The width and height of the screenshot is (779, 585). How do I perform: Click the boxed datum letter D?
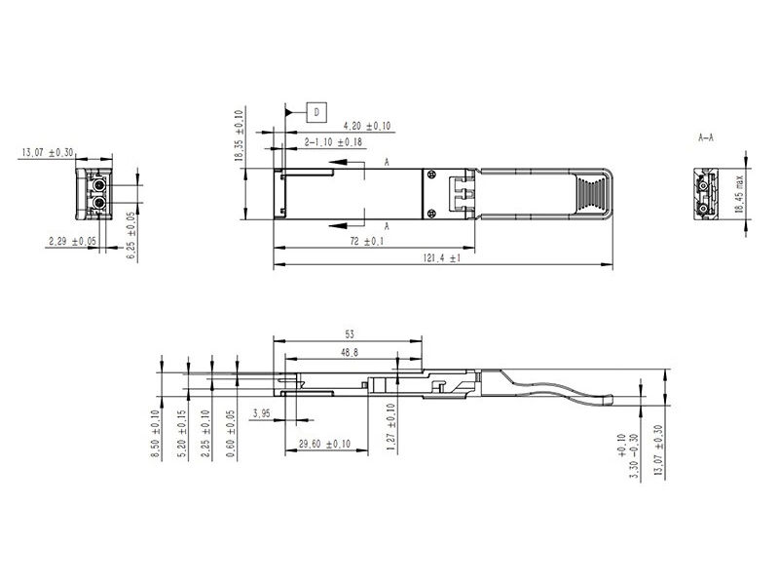coord(317,113)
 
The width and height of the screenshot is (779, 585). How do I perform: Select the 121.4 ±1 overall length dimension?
coord(441,258)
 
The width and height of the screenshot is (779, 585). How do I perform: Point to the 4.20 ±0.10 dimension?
coord(366,126)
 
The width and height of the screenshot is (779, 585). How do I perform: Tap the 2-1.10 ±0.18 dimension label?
coord(335,142)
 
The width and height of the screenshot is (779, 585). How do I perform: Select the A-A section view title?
coord(706,138)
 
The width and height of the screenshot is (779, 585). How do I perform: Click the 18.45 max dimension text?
coord(741,197)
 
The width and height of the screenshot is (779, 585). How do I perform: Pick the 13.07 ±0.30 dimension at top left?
coord(48,152)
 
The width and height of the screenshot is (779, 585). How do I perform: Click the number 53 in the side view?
coord(349,333)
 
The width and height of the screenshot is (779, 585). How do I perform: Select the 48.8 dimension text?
coord(348,351)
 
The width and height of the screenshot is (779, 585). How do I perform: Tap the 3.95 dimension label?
coord(261,413)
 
